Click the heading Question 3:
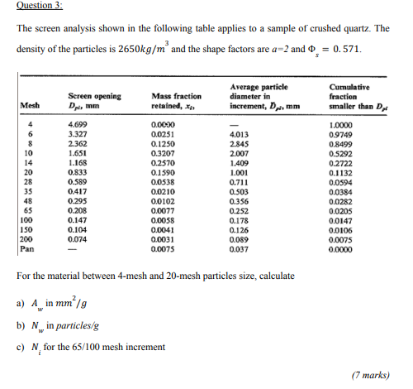40,5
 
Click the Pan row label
26,248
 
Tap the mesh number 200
26,238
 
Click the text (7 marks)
369,375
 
